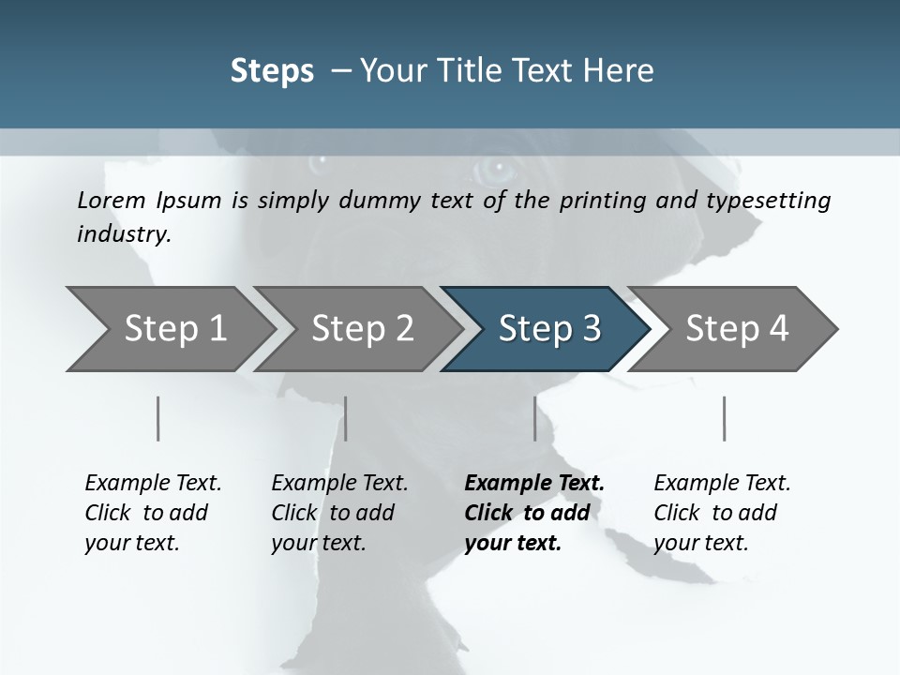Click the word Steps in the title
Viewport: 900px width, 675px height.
coord(272,71)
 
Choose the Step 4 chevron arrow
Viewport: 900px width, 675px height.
coord(737,328)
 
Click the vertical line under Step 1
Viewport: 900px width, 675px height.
coord(158,418)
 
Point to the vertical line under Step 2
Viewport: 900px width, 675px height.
coord(346,418)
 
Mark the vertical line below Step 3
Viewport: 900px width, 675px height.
coord(534,418)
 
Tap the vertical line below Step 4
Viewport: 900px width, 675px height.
coord(724,418)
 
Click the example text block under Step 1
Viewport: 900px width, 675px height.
coord(153,513)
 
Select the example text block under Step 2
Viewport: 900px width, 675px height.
coord(339,513)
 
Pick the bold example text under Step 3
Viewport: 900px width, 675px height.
coord(534,513)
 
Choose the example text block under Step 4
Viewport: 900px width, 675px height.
coord(722,513)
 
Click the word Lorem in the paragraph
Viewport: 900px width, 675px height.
coord(112,201)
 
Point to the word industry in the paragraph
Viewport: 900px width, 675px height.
coord(123,234)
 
